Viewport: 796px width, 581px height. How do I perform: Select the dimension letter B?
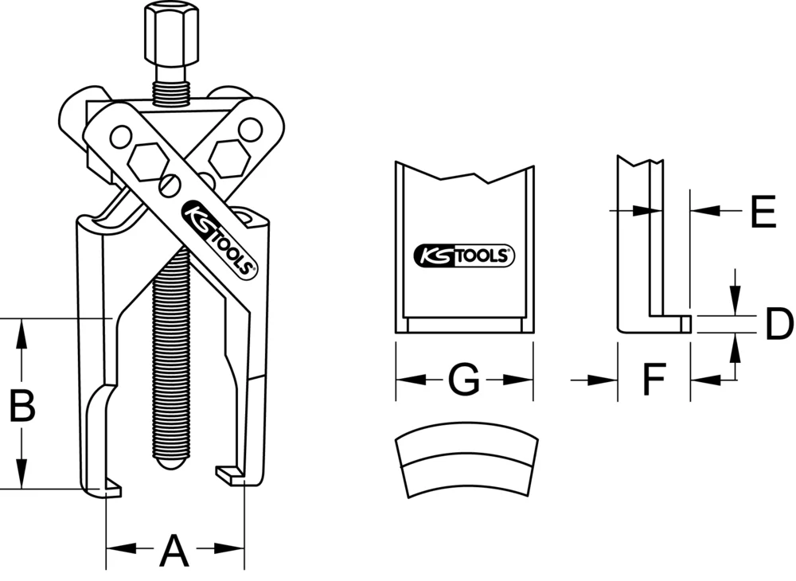(21, 407)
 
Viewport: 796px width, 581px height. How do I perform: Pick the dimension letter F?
(654, 381)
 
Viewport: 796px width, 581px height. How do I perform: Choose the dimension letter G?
(462, 381)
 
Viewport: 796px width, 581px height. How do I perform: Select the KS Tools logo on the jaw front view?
(465, 256)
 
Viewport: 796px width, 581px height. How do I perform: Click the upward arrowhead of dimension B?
(21, 329)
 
